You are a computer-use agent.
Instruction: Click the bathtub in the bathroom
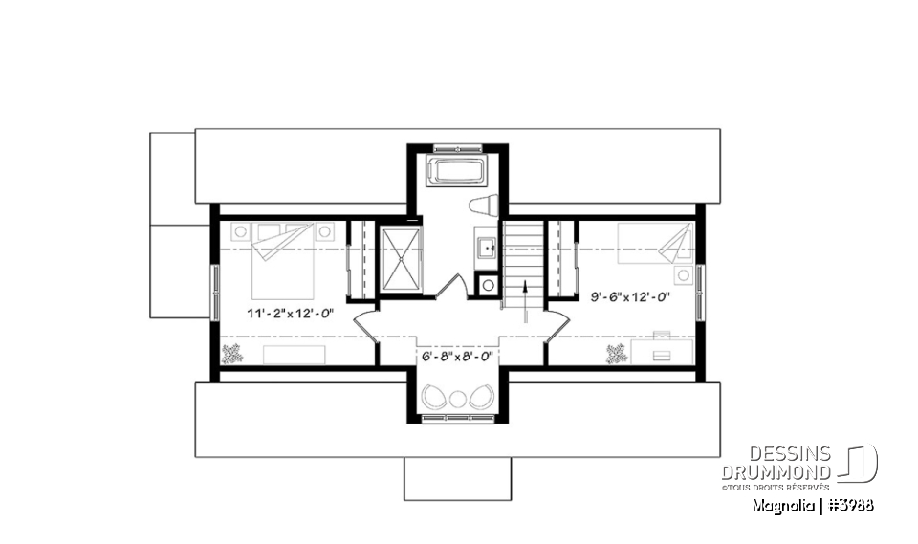point(457,173)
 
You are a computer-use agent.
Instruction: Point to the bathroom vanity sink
point(486,249)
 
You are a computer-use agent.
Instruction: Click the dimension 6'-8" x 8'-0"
point(457,356)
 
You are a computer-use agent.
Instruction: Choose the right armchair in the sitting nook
point(482,395)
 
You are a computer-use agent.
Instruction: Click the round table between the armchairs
point(458,398)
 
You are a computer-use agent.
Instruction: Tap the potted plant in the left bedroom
point(231,355)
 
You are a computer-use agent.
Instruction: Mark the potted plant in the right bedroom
point(617,355)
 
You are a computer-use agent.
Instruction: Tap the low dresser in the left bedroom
point(295,355)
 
